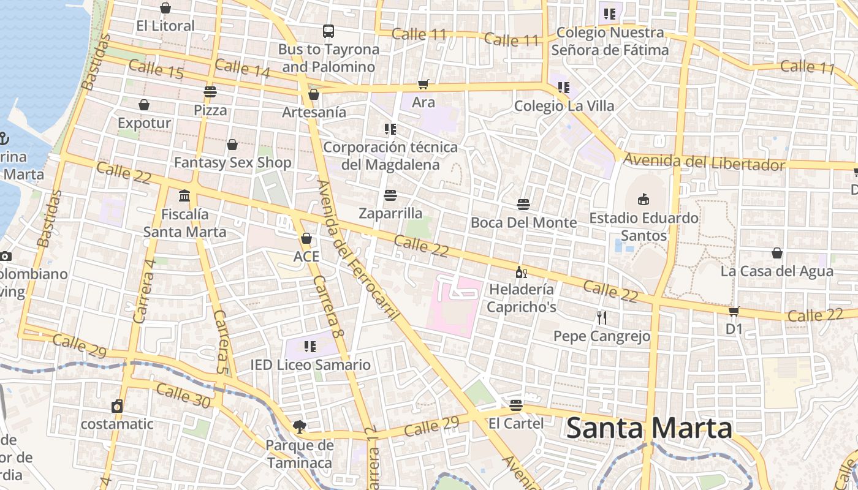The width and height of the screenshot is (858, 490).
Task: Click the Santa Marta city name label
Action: pyautogui.click(x=649, y=428)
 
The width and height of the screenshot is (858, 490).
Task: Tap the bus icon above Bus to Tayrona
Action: pyautogui.click(x=328, y=31)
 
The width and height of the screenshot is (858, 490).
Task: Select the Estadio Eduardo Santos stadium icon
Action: pyautogui.click(x=643, y=200)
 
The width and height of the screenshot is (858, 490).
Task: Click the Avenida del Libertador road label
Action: pyautogui.click(x=704, y=163)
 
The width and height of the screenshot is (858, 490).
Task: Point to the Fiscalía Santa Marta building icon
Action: pyautogui.click(x=184, y=196)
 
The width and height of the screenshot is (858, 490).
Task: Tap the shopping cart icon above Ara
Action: pyautogui.click(x=423, y=84)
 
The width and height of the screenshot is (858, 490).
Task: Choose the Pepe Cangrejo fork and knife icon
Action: pyautogui.click(x=601, y=317)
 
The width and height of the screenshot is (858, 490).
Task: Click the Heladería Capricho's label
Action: pyautogui.click(x=522, y=298)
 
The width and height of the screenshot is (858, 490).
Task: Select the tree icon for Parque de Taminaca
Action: pyautogui.click(x=299, y=426)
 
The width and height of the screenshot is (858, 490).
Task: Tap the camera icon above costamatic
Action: pyautogui.click(x=117, y=405)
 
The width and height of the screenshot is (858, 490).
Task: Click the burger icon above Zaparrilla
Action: pyautogui.click(x=390, y=195)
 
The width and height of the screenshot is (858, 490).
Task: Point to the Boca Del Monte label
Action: pyautogui.click(x=523, y=222)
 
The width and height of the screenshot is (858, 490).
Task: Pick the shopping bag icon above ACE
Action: pyautogui.click(x=306, y=238)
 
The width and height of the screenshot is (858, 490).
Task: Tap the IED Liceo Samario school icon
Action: pyautogui.click(x=310, y=347)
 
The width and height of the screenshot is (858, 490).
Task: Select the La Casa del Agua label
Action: pyautogui.click(x=776, y=271)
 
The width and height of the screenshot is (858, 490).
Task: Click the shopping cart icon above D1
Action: pyautogui.click(x=734, y=311)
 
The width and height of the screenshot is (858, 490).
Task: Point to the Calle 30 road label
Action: pyautogui.click(x=183, y=395)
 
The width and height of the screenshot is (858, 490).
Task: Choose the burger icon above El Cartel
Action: pyautogui.click(x=516, y=405)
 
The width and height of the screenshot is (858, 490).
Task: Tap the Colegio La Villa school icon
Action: pyautogui.click(x=564, y=88)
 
